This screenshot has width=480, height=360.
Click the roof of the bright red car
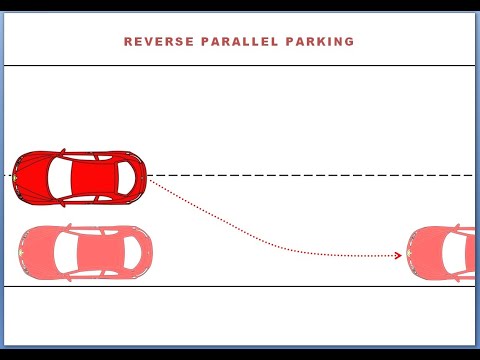coord(92,177)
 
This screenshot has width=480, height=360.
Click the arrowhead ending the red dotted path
coord(398,256)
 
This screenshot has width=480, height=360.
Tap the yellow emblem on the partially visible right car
coord(413,253)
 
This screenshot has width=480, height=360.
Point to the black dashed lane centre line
coord(300,176)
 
